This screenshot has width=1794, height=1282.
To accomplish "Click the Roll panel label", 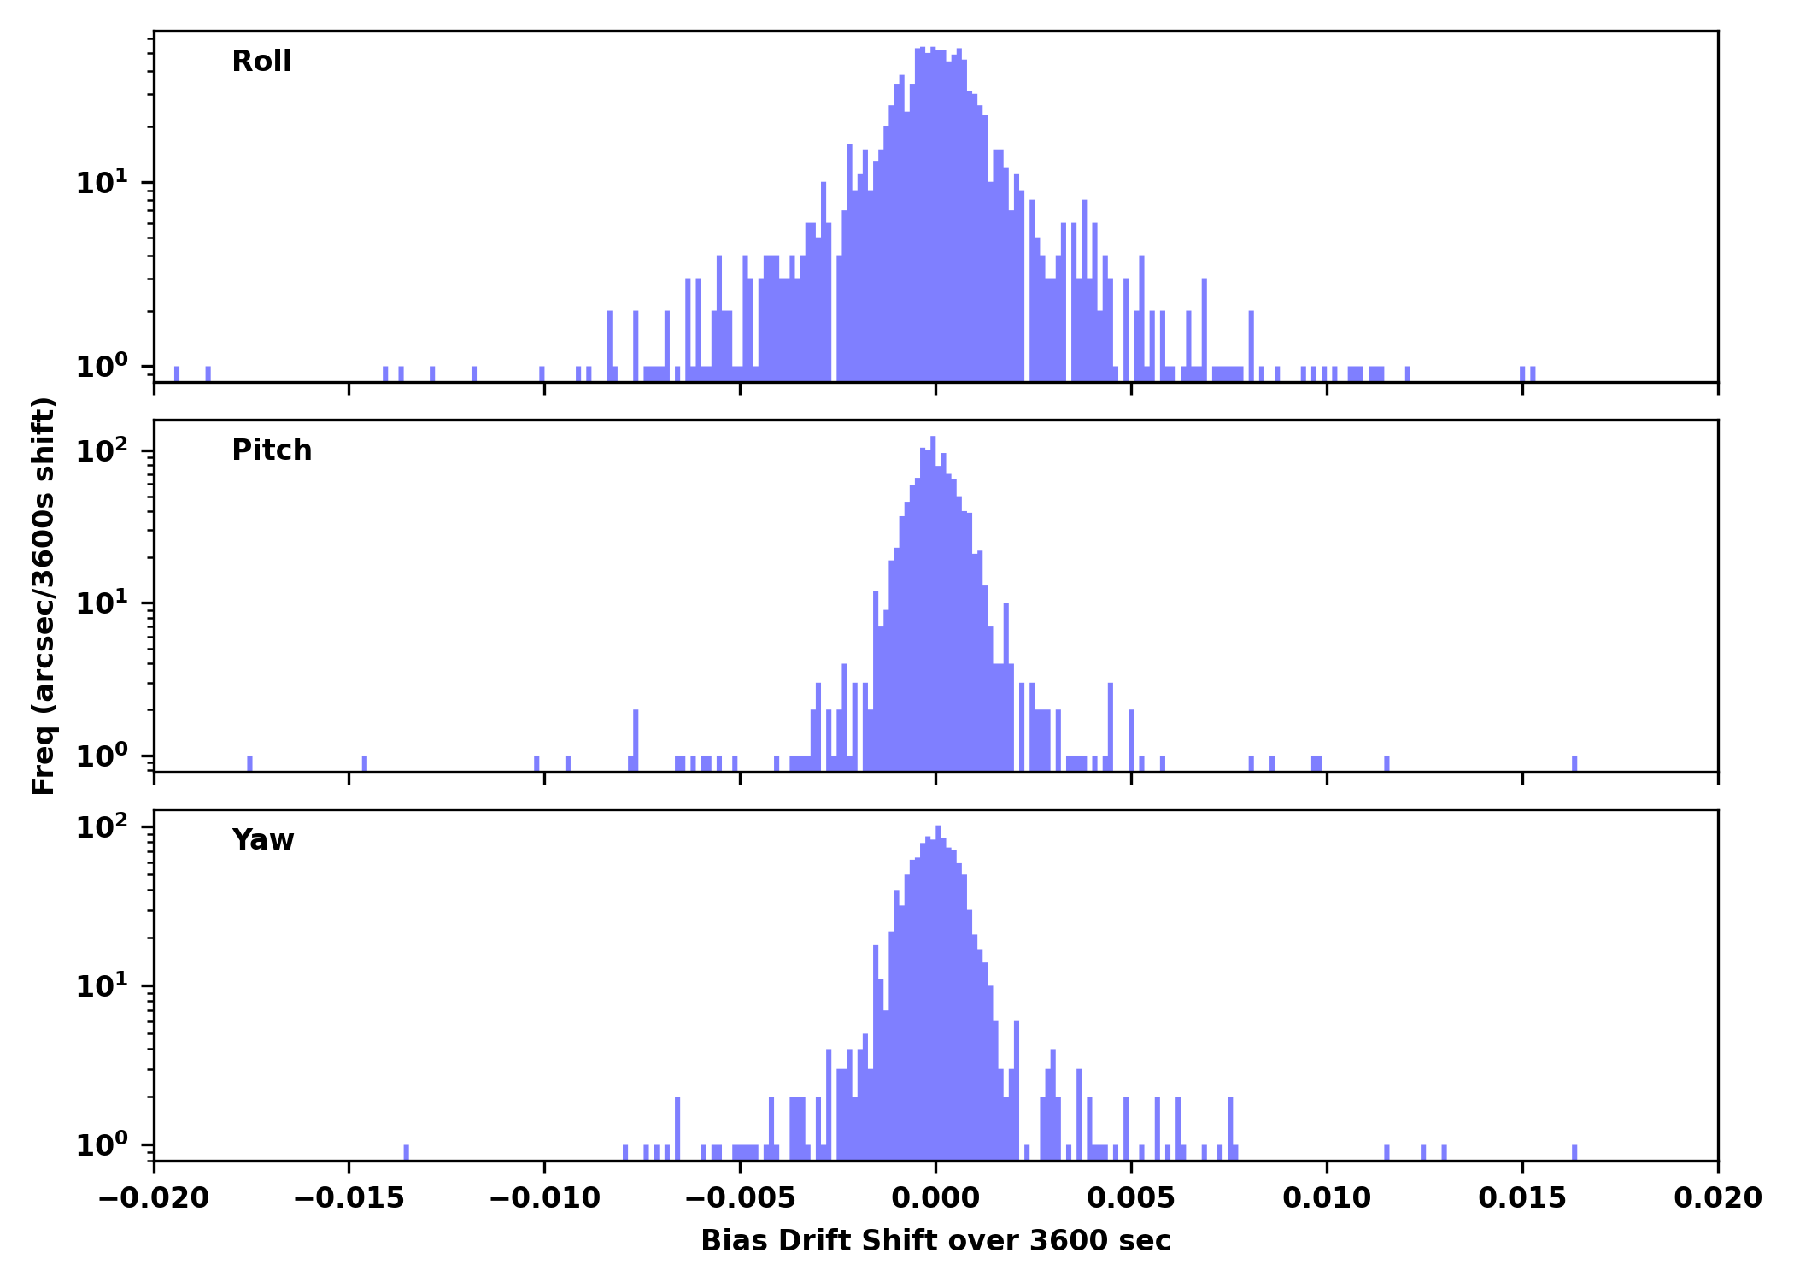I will point(261,62).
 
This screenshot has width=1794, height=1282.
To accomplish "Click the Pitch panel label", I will point(272,450).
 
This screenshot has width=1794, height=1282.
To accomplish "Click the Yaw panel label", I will point(263,840).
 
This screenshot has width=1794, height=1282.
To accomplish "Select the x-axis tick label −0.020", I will point(154,1198).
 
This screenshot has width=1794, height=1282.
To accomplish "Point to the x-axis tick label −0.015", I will point(349,1198).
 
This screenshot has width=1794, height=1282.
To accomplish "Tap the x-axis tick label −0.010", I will point(544,1198).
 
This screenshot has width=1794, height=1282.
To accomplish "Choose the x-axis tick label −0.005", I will point(740,1198).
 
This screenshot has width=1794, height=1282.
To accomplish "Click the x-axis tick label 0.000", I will point(935,1198).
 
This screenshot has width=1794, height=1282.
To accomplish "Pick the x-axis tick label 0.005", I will point(1131,1198).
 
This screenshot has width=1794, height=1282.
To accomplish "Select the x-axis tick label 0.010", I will point(1327,1198).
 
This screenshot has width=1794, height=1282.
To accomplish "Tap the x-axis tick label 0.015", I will point(1522,1198).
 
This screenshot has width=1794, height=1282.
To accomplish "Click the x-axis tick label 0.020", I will point(1718,1198).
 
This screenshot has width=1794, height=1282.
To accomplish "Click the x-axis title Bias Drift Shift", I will point(935,1241).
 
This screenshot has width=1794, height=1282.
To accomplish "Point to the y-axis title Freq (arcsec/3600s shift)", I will point(44,596).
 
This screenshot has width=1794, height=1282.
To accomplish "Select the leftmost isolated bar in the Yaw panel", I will point(406,1152).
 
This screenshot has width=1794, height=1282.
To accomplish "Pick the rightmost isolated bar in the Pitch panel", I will point(1574,763).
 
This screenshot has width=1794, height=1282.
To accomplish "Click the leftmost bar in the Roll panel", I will point(177,373).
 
